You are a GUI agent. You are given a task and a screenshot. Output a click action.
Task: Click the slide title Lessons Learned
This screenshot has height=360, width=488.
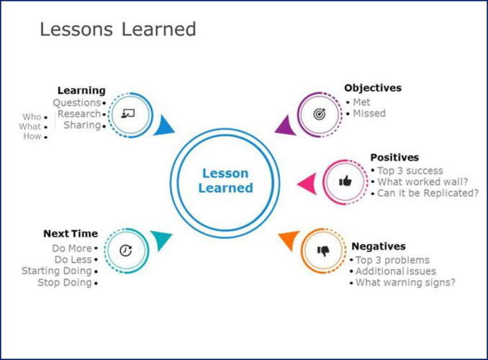118,30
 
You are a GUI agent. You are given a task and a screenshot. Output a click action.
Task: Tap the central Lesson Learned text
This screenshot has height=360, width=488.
225,181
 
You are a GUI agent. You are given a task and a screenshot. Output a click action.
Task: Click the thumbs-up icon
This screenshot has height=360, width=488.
345,181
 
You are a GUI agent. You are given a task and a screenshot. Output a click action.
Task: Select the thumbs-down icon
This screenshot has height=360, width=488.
323,251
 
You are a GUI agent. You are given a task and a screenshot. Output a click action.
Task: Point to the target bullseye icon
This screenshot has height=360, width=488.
320,114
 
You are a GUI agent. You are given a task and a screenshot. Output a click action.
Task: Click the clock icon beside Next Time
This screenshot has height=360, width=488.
126,251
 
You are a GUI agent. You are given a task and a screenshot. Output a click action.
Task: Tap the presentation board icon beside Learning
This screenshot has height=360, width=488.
128,114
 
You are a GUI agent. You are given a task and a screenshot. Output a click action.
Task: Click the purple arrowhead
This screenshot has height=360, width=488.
286,125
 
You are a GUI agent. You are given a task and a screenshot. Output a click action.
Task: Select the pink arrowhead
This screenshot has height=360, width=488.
307,184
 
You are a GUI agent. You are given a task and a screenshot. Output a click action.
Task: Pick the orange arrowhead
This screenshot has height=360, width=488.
290,240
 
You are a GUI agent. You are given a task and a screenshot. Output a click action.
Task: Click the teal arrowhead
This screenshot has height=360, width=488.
161,240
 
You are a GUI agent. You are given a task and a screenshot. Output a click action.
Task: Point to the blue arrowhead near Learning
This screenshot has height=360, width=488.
163,125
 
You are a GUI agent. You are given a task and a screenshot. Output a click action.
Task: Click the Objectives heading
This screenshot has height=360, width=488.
373,88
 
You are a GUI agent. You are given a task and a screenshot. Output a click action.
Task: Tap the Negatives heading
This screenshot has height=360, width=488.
379,246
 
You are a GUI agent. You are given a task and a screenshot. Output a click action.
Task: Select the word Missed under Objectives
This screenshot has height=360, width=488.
369,113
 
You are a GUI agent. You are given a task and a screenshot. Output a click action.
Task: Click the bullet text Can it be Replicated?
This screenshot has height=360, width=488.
428,193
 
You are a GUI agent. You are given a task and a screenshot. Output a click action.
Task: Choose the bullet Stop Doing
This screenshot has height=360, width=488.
65,283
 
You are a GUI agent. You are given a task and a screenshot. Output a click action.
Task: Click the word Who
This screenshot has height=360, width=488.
32,117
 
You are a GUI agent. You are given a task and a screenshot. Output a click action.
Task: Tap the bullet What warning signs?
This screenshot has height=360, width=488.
405,282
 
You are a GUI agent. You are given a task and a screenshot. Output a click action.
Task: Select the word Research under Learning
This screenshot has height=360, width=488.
79,114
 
